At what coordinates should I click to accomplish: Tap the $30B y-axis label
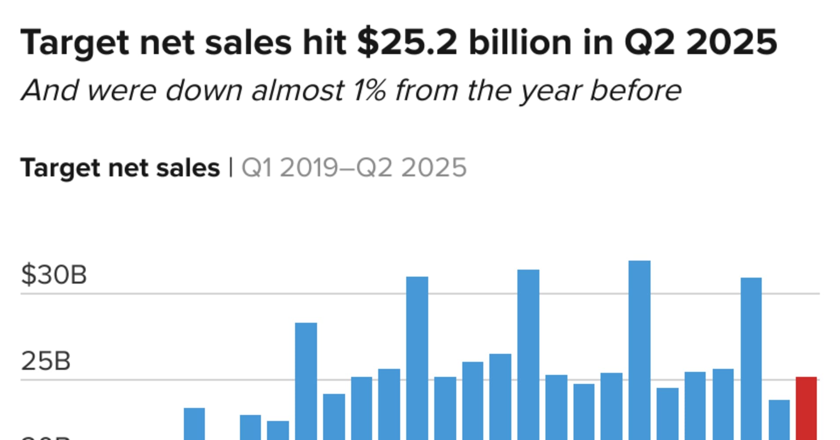[54, 275]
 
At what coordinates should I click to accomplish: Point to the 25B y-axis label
[46, 362]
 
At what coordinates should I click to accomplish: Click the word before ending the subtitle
[635, 91]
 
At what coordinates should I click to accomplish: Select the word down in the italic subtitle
[204, 91]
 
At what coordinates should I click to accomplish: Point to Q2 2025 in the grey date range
[412, 168]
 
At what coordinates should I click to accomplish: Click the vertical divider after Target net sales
[230, 168]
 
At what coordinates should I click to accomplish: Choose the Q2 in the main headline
[649, 43]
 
